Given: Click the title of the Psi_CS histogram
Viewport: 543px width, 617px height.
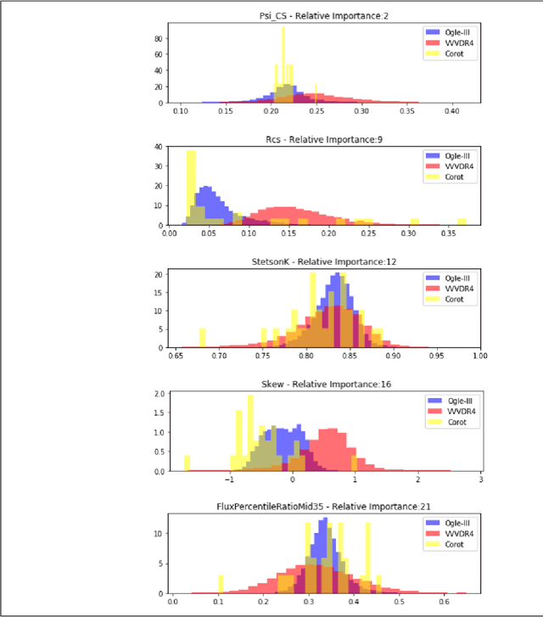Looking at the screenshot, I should point(324,15).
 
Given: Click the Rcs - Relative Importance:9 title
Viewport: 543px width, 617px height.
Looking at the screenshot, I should point(324,138).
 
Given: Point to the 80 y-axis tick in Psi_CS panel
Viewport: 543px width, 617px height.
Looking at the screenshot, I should point(159,39).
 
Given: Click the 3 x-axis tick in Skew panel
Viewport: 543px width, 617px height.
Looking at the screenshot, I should point(479,480).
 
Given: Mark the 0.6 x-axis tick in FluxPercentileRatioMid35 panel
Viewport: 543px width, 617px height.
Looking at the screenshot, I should point(444,602).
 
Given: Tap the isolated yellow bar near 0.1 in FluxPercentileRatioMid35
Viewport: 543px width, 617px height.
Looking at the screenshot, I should point(221,584).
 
